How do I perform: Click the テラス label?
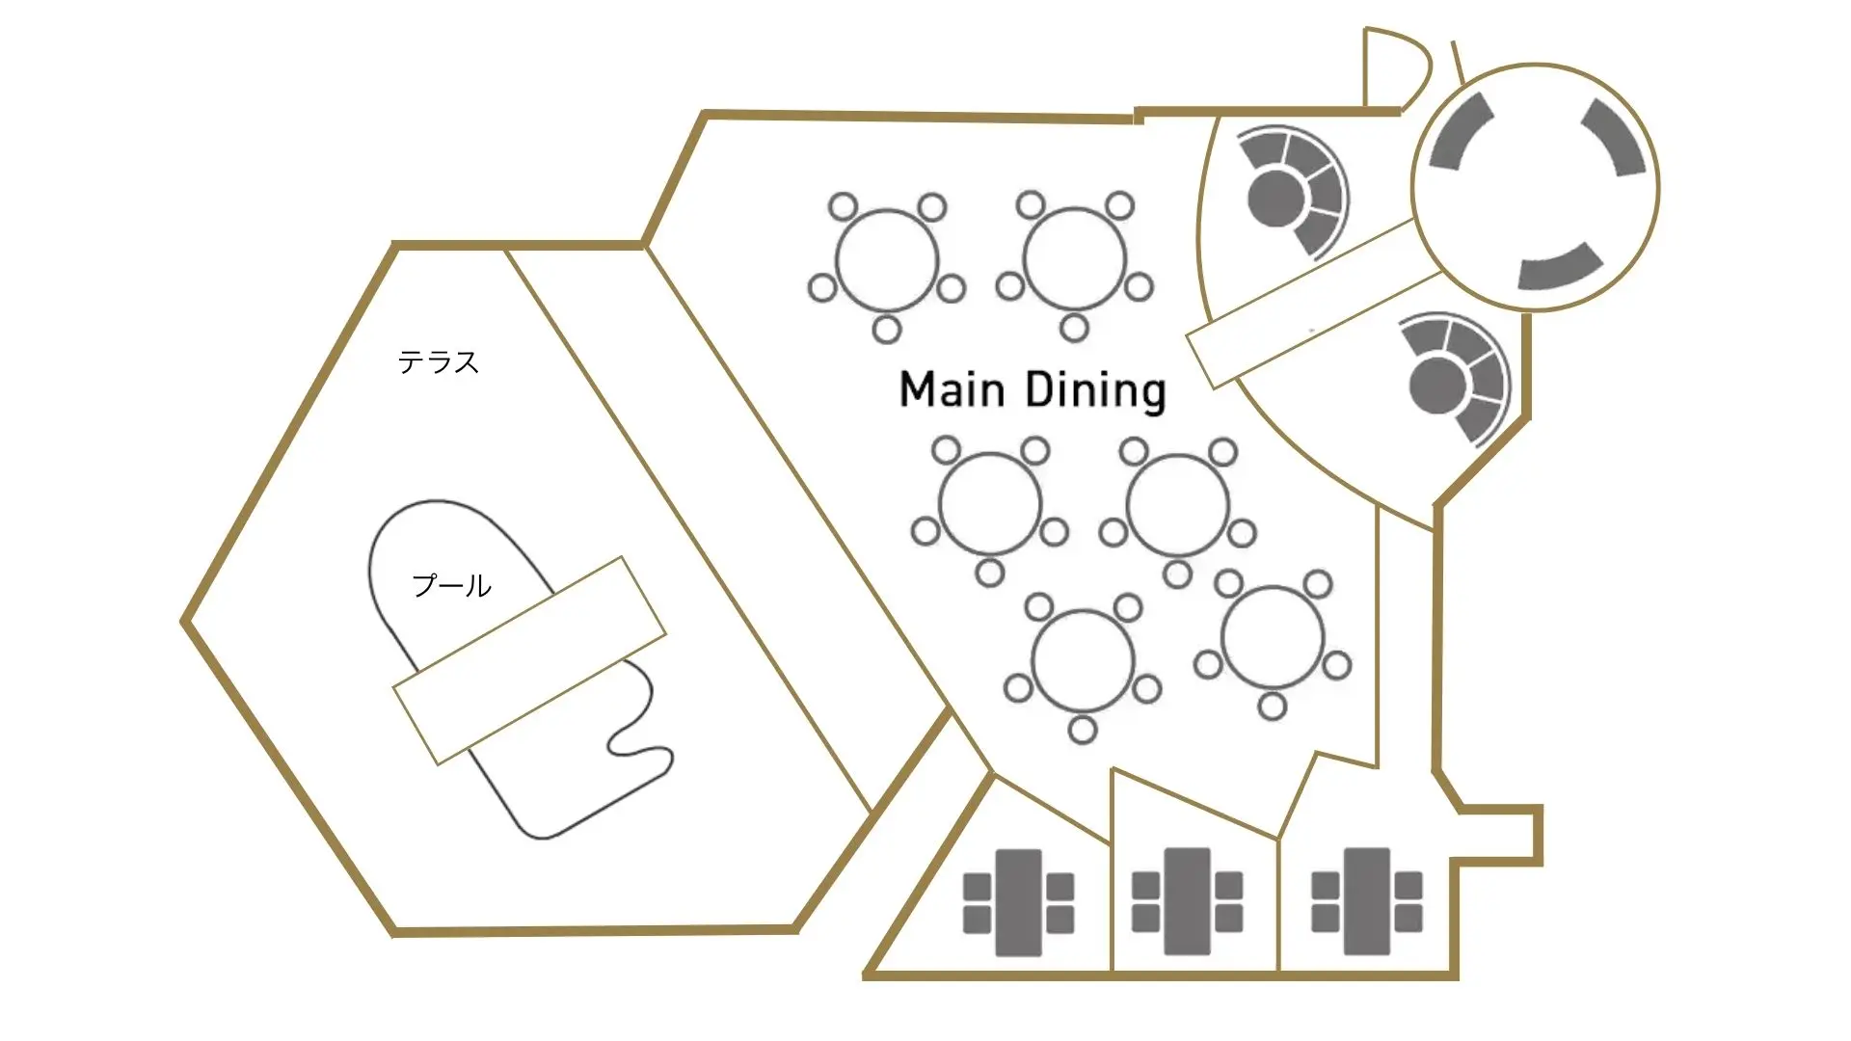[x=439, y=362]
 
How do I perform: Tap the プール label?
[x=451, y=585]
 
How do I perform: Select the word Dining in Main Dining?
[x=1095, y=391]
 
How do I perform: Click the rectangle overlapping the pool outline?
[x=529, y=660]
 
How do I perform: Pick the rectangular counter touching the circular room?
[x=1315, y=304]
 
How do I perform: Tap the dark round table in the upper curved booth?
[x=1274, y=200]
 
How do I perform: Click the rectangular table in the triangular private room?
[x=1018, y=902]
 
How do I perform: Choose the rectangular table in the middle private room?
[x=1188, y=901]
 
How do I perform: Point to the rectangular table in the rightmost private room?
[x=1367, y=901]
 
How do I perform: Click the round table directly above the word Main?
[x=887, y=260]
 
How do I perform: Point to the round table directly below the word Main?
[x=990, y=504]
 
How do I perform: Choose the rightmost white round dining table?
[x=1273, y=637]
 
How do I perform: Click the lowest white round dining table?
[x=1083, y=661]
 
